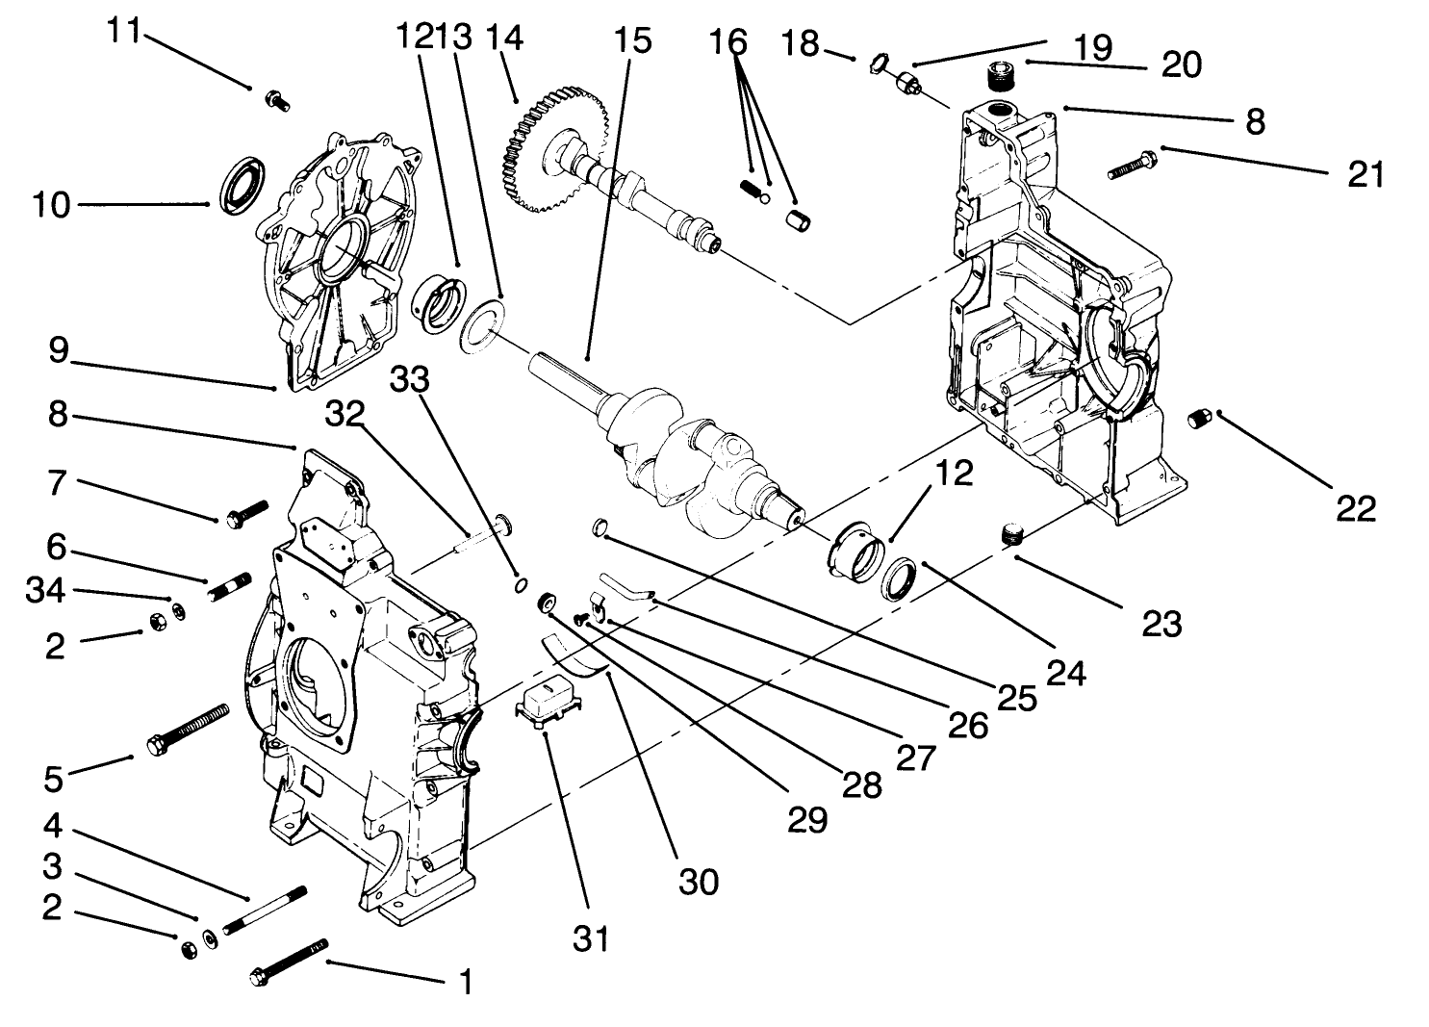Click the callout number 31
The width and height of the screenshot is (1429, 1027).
pyautogui.click(x=590, y=937)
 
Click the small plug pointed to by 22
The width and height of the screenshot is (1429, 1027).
pyautogui.click(x=1200, y=419)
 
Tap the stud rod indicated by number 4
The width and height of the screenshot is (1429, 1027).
pyautogui.click(x=264, y=910)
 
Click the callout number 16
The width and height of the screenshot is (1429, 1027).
pyautogui.click(x=728, y=42)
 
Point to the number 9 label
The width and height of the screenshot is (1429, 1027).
pyautogui.click(x=59, y=350)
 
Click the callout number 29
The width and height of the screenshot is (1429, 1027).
pyautogui.click(x=805, y=818)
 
